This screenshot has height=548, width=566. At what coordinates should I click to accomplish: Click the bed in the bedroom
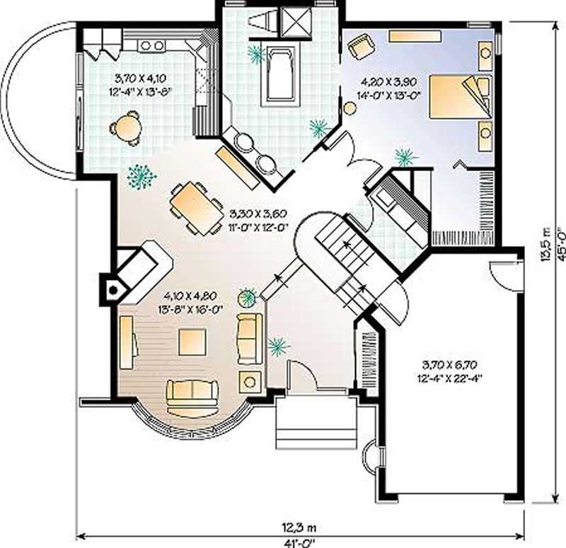460,97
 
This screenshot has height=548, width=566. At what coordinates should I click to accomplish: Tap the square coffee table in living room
192,342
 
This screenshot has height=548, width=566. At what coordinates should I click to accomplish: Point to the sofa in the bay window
192,394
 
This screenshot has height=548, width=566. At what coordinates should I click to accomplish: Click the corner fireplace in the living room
113,288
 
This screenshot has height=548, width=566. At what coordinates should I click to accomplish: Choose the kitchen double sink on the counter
152,46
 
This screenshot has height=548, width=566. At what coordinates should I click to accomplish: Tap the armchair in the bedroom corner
360,47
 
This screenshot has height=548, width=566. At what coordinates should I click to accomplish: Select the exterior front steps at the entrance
316,423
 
